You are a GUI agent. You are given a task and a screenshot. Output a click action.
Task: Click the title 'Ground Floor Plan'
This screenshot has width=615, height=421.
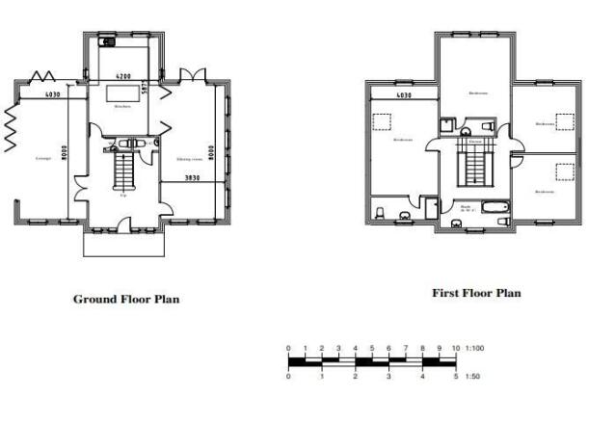click(125, 299)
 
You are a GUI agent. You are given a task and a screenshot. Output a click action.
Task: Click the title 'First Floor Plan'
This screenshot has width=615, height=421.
click(476, 293)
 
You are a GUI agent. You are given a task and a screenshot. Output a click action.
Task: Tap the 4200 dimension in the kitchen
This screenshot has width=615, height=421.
click(124, 75)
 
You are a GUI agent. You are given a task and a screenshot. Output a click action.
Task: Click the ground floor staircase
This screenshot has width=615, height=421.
click(123, 173)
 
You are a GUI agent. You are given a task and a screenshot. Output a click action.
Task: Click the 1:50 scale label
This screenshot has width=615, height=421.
click(472, 378)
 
